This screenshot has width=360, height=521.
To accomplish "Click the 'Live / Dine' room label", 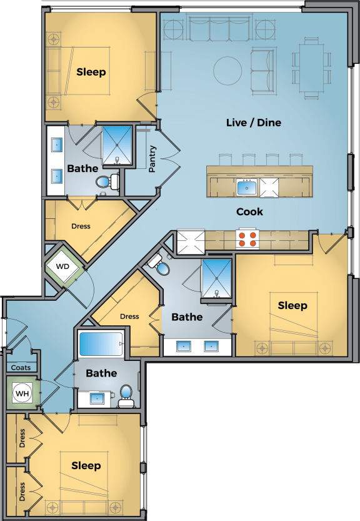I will (x=253, y=123).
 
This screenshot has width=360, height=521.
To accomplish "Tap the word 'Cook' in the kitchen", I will (x=249, y=211).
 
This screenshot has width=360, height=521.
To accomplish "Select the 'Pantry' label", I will (x=152, y=159).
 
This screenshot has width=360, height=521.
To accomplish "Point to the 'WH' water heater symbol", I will (x=22, y=393).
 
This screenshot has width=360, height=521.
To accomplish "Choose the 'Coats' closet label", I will (x=21, y=368).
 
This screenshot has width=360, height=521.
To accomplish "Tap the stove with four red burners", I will (x=247, y=238).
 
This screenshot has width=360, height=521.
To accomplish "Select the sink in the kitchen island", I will (x=246, y=186).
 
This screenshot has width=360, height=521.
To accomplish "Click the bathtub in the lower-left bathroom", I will (x=100, y=345).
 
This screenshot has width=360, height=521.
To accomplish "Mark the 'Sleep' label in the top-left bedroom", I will (x=91, y=72).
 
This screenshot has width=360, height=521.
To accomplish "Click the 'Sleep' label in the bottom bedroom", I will (x=86, y=465).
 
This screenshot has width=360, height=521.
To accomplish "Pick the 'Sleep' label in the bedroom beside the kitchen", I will (x=292, y=305).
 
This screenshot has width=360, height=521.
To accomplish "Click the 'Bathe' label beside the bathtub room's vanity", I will (x=101, y=373).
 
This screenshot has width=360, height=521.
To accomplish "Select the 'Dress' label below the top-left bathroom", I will (x=81, y=226).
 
